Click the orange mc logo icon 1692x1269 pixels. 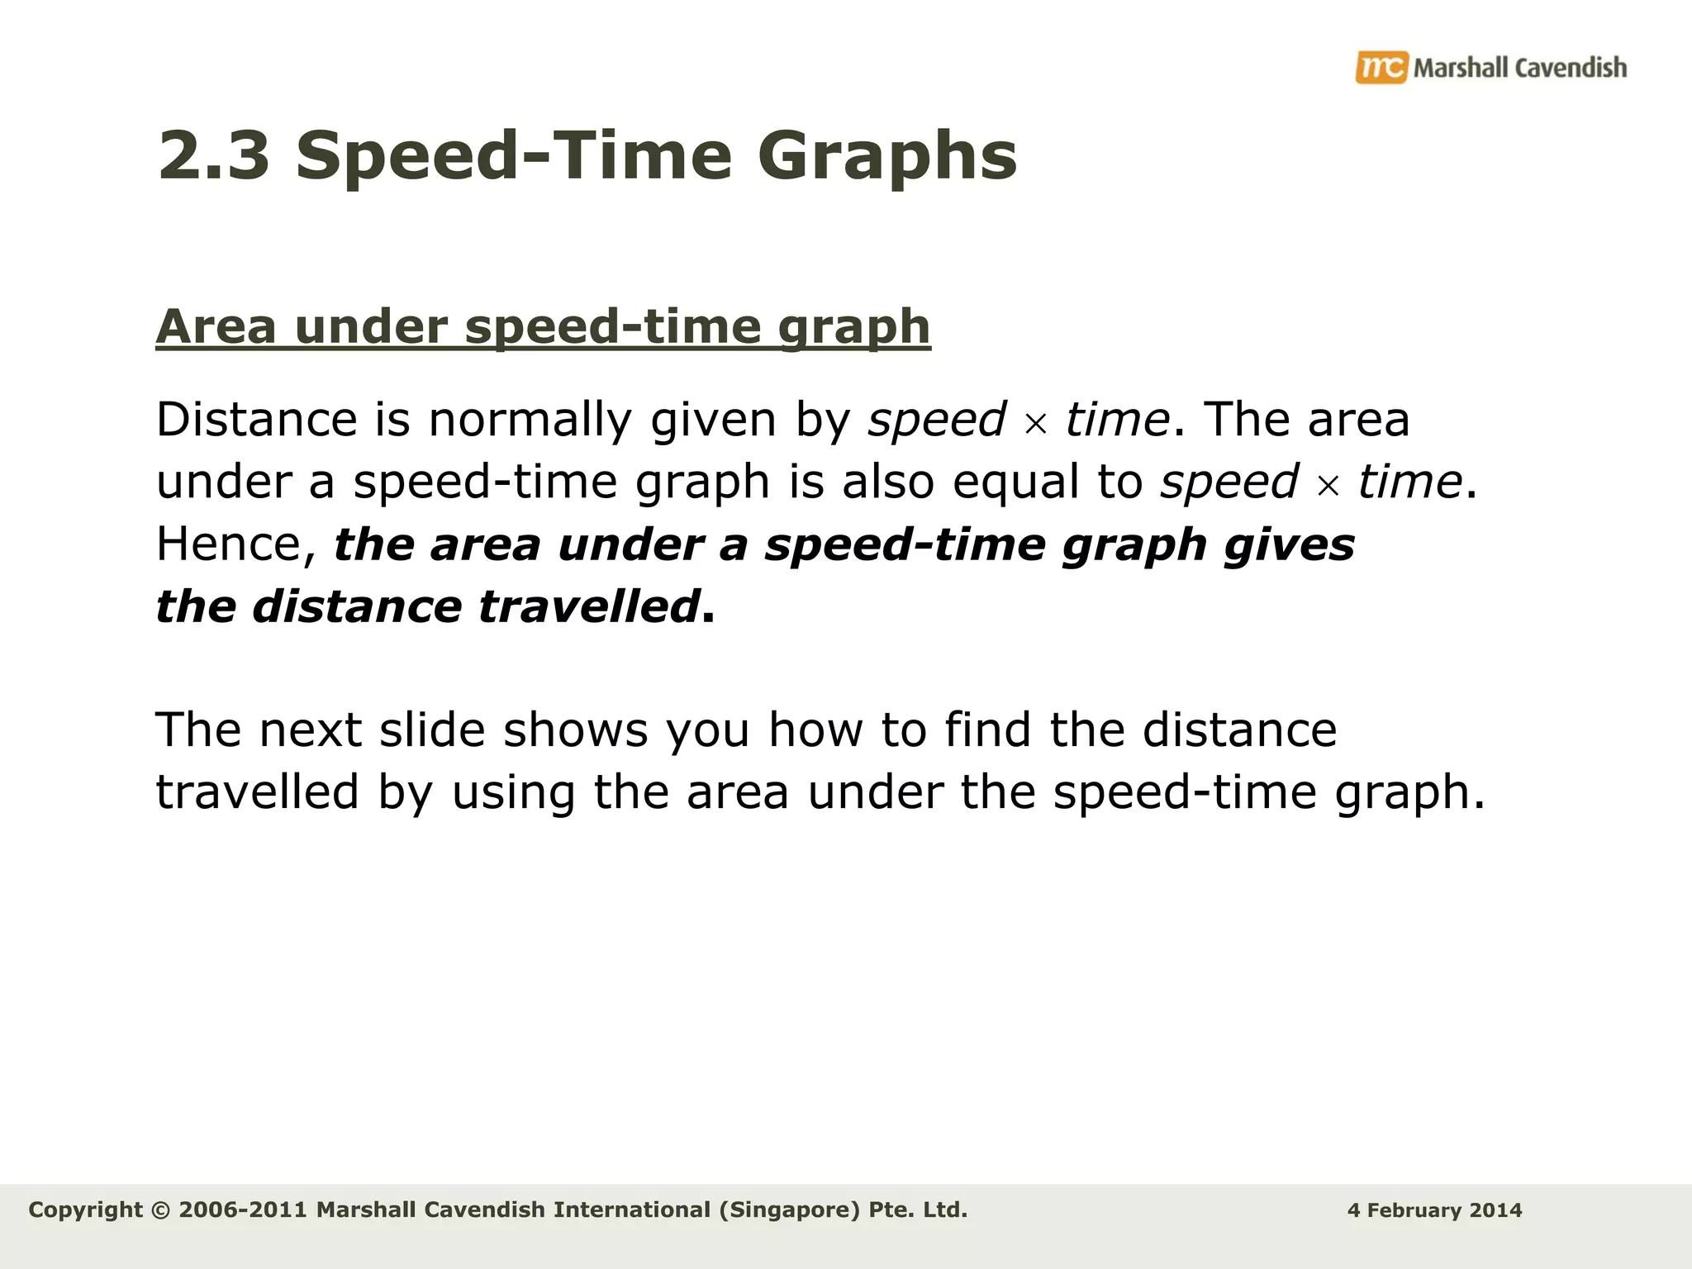1381,67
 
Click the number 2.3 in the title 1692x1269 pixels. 214,156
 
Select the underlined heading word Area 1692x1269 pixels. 216,326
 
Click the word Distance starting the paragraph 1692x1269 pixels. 256,420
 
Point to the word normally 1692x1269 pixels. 530,420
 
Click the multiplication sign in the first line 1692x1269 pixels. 1035,424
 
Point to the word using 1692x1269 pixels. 512,792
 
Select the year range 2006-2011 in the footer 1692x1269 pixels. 242,1210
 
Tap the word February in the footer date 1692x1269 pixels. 1415,1211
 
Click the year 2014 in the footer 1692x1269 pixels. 1496,1211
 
